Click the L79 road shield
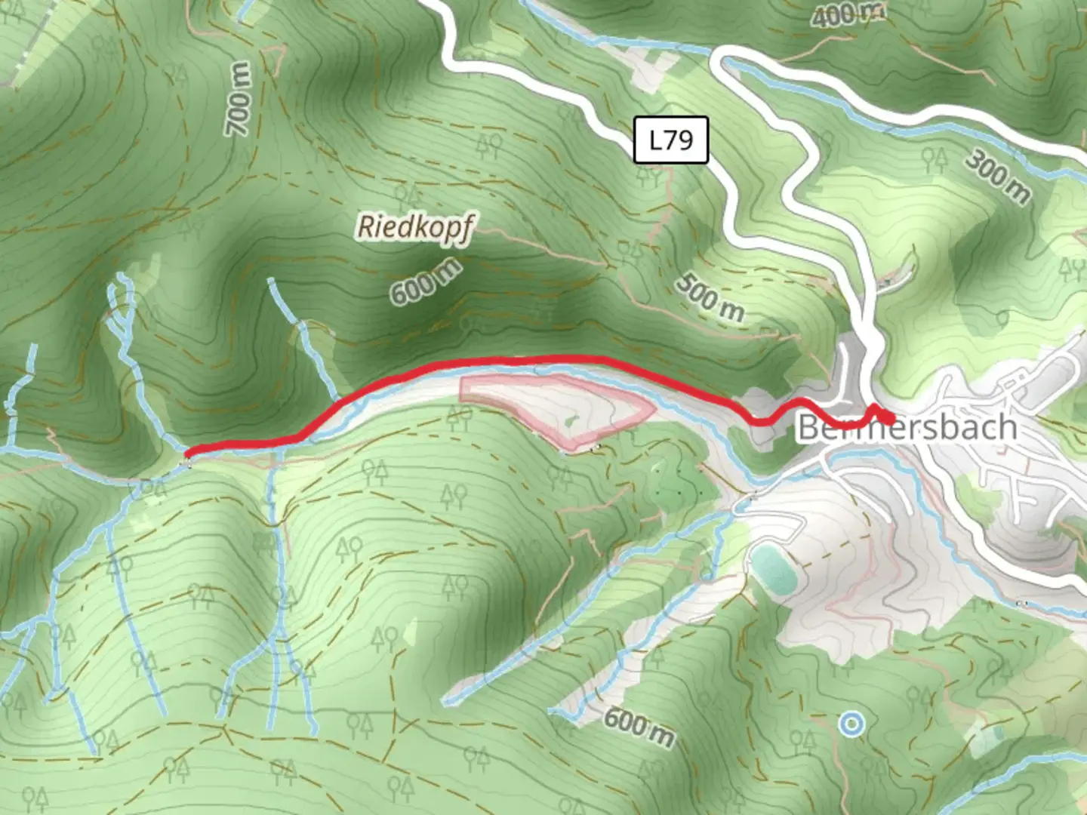pos(670,140)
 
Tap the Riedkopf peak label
pos(416,226)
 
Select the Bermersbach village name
pos(907,428)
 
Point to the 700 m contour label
pos(239,99)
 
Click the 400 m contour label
pos(848,14)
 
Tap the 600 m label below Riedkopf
pos(425,281)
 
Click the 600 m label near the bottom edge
pos(639,726)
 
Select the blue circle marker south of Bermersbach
pos(851,724)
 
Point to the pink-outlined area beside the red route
pos(559,407)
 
